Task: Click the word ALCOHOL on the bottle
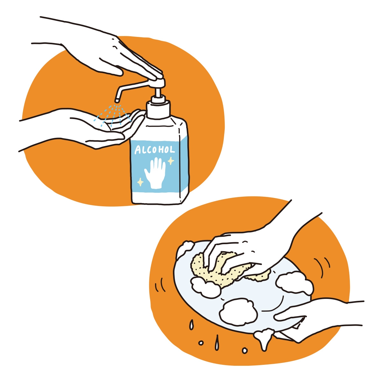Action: click(155, 150)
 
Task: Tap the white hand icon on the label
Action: click(155, 172)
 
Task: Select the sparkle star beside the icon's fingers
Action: click(171, 161)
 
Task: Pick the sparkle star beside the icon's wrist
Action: click(140, 182)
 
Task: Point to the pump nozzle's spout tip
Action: click(117, 100)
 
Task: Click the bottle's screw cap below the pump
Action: click(158, 110)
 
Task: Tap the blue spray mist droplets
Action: click(112, 116)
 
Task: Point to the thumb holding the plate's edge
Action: click(289, 316)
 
